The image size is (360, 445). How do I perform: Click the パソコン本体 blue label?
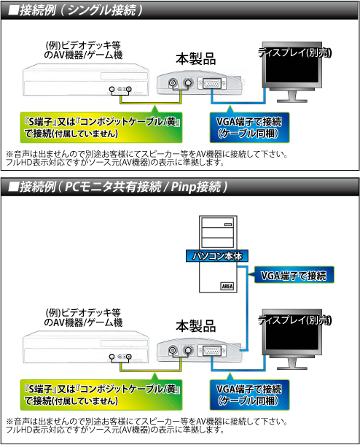click(x=217, y=256)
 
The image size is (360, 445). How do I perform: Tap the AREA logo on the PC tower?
click(x=227, y=286)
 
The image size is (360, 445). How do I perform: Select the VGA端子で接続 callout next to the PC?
click(x=294, y=275)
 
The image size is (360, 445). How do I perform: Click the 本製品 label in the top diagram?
click(x=195, y=59)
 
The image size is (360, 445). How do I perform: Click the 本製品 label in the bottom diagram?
click(x=195, y=326)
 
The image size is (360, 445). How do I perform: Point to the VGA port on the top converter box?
click(x=212, y=84)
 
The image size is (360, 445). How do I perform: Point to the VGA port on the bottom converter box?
click(x=212, y=351)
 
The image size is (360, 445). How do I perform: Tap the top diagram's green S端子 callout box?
click(x=101, y=128)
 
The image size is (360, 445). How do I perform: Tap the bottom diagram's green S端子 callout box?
click(x=101, y=395)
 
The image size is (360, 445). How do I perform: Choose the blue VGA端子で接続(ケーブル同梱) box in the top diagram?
click(x=249, y=128)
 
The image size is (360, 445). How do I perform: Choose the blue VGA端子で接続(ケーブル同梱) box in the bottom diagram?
click(x=249, y=395)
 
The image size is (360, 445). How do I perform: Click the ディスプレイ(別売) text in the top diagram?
click(x=294, y=53)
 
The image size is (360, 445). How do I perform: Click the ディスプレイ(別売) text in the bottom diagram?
click(x=294, y=320)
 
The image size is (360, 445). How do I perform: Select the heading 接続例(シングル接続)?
click(x=75, y=10)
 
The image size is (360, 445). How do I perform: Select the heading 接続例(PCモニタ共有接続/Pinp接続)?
click(x=117, y=187)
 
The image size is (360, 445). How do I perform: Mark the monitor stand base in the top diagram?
click(x=292, y=100)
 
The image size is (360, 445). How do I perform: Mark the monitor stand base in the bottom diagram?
click(x=292, y=367)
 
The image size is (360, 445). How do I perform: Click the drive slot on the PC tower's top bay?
click(x=228, y=225)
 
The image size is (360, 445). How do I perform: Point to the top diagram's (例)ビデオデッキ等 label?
click(x=83, y=45)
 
